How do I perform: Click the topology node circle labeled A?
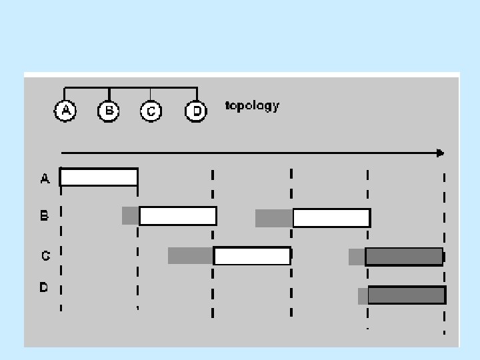coord(65,111)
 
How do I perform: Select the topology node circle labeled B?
coord(109,111)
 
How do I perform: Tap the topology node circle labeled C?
coord(151,111)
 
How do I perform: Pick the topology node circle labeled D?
coord(196,111)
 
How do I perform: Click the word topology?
coord(252,106)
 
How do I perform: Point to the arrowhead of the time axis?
coord(440,153)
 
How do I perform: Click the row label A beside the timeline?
coord(45,178)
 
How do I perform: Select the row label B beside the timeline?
coord(45,216)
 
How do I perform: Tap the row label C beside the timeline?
coord(45,256)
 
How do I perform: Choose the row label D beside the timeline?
coord(44,288)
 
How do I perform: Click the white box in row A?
coord(99,177)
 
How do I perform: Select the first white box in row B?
coord(177,216)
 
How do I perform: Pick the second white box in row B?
coord(331,218)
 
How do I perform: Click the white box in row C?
coord(252,256)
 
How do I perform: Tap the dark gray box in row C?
coord(404,257)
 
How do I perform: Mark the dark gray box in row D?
coord(407,295)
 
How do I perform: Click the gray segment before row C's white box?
coord(190,256)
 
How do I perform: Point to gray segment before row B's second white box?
coord(274,218)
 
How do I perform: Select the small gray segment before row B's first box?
coord(130,215)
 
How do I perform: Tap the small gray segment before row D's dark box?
coord(363,296)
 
